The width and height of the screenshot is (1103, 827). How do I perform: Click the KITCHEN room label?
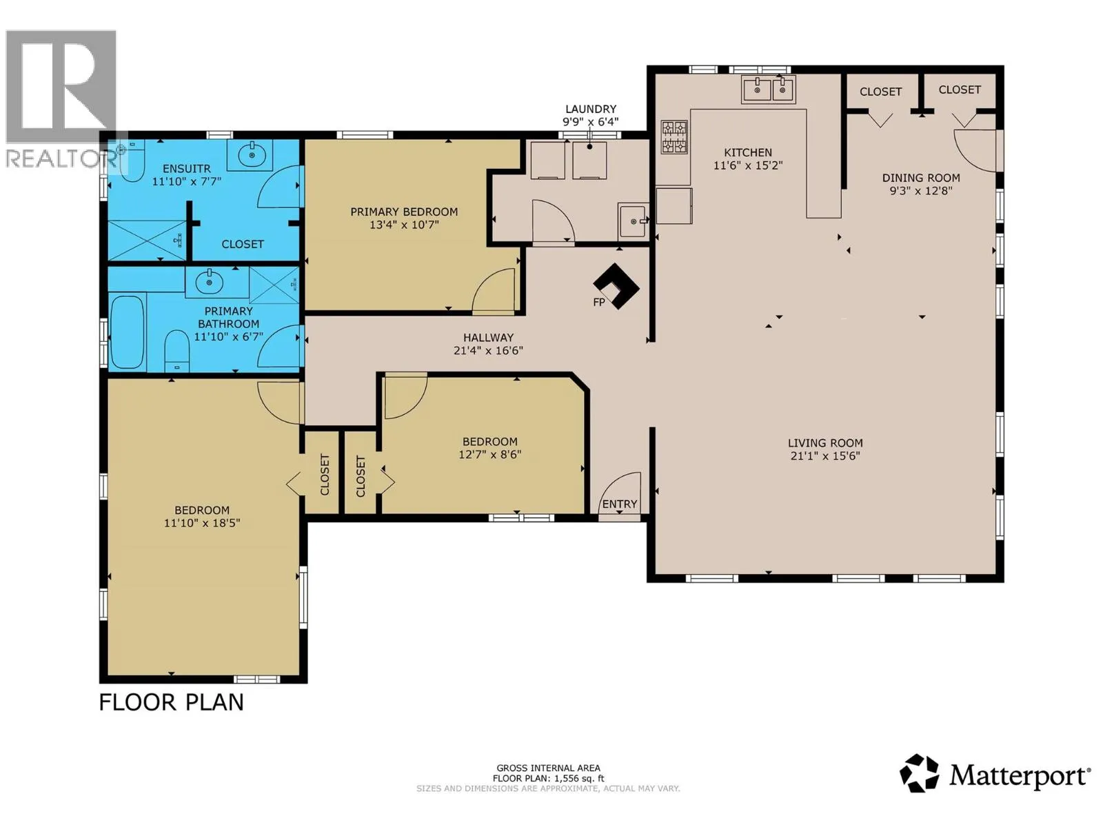747,152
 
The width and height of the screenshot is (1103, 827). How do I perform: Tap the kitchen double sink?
768,90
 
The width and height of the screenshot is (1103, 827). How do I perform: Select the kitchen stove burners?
674,136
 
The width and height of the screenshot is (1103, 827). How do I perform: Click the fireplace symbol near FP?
616,286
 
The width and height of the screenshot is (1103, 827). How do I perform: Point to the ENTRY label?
619,504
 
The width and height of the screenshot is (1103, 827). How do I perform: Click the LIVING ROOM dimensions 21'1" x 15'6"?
824,456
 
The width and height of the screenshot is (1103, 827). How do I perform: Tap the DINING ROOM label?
920,178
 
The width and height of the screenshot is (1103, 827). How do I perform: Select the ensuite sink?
250,154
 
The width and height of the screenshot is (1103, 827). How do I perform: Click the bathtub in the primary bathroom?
127,332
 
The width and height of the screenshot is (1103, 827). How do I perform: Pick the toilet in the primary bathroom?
177,351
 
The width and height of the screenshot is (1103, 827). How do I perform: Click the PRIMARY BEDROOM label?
403,212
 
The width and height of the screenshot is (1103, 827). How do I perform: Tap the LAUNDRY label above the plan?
590,109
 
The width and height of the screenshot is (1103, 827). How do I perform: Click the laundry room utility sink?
633,220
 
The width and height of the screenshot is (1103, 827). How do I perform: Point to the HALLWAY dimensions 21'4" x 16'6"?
488,351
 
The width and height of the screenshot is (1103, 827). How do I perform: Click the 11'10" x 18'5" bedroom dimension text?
202,522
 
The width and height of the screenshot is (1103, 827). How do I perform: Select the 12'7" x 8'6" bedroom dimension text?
490,454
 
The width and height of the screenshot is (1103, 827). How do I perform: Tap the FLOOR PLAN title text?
172,702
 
